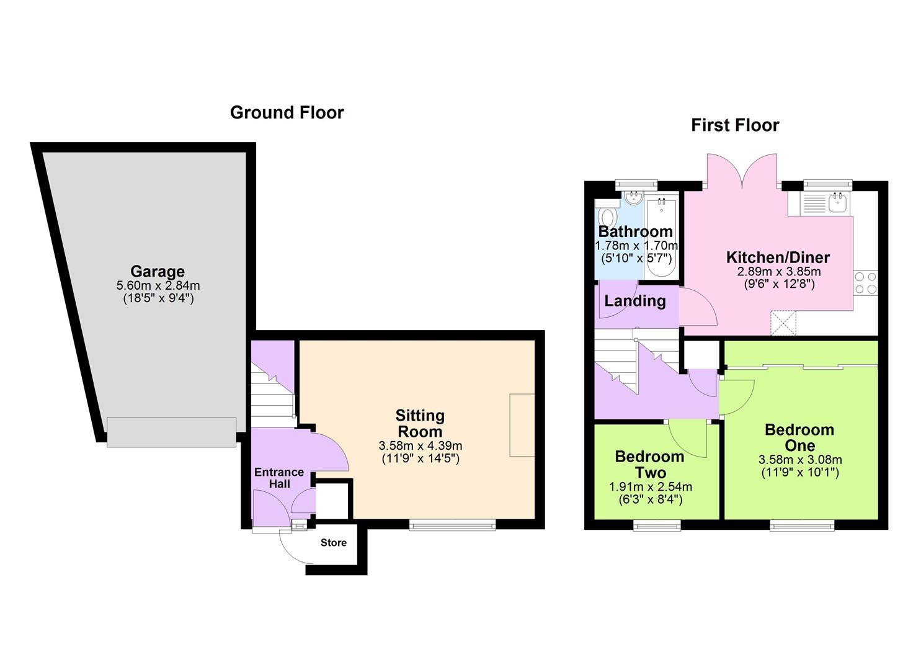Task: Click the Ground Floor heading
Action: [287, 113]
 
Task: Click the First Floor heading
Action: [735, 125]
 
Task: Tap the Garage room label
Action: [158, 272]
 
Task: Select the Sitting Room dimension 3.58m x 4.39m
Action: [420, 445]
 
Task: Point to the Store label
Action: [334, 543]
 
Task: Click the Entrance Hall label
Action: [279, 478]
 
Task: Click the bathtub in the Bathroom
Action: [661, 238]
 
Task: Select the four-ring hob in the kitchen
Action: [866, 283]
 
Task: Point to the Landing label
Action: [635, 301]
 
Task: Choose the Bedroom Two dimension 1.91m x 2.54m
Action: [651, 487]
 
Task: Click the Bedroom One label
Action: [799, 437]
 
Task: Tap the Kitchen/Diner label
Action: [778, 257]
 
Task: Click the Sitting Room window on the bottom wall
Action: [452, 525]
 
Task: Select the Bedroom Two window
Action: [657, 525]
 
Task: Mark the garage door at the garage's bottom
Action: [171, 432]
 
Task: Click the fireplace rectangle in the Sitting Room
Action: [522, 425]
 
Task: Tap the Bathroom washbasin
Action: [634, 198]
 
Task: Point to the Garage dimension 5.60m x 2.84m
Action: [158, 285]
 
